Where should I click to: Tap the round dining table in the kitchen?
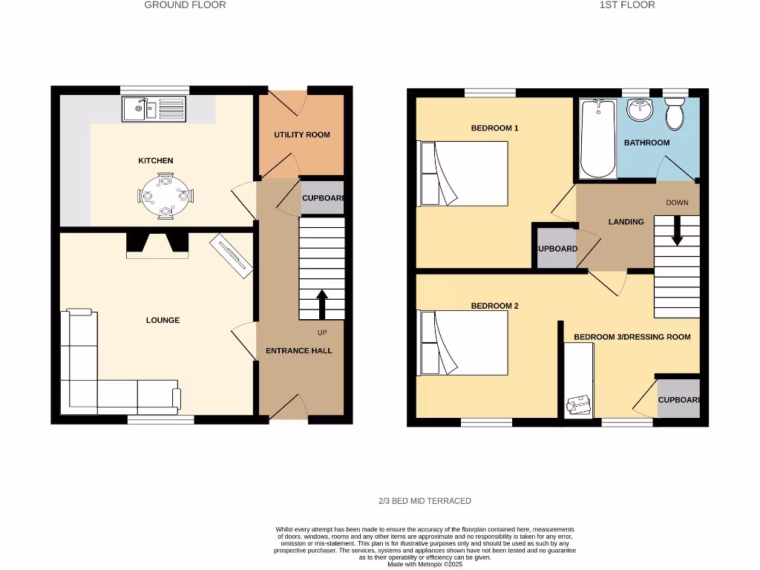[x=165, y=197]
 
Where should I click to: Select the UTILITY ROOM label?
[x=301, y=135]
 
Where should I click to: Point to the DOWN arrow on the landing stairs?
[x=677, y=229]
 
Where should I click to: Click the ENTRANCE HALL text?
[x=299, y=351]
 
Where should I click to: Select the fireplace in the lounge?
[x=157, y=245]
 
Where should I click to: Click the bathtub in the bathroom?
[x=597, y=140]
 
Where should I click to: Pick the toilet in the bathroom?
[x=675, y=114]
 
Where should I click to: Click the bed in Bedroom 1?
[x=464, y=173]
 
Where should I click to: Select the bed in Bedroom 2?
[x=464, y=343]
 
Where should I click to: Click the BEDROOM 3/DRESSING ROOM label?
[x=632, y=337]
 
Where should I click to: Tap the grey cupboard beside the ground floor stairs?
[x=322, y=198]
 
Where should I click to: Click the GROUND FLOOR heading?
[x=185, y=5]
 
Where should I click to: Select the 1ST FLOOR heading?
[x=617, y=5]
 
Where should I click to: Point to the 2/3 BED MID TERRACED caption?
[x=425, y=501]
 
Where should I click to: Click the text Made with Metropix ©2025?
[x=425, y=565]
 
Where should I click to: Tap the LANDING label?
[x=626, y=222]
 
